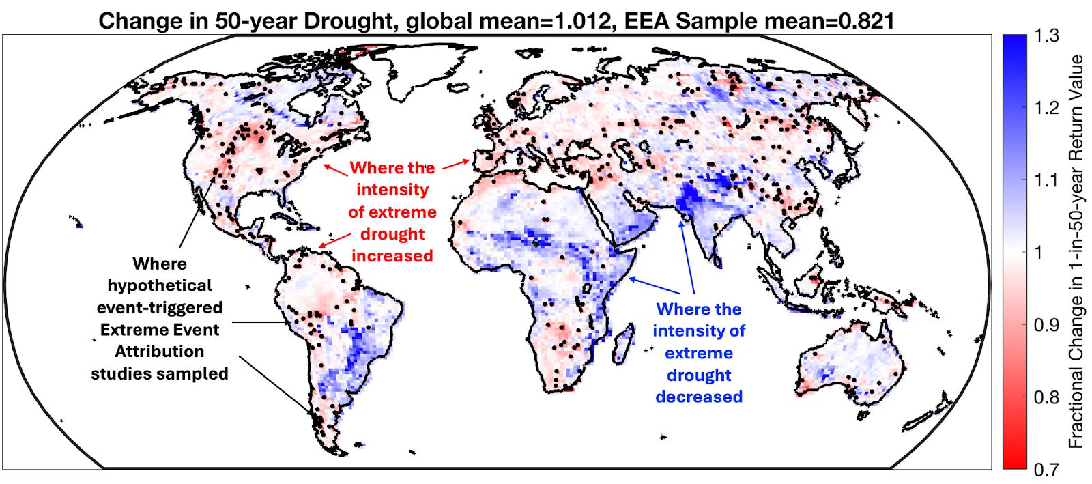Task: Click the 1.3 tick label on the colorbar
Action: (x=1046, y=36)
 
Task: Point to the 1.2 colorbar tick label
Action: (x=1046, y=108)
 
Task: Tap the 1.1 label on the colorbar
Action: (x=1046, y=180)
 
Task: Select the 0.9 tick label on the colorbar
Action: (x=1046, y=325)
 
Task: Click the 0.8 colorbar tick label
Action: (x=1046, y=397)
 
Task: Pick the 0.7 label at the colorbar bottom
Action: (x=1046, y=470)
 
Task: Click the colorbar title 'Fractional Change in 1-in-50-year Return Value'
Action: (x=1076, y=251)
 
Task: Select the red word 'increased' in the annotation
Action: (x=392, y=256)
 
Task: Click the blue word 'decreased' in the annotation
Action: (x=699, y=397)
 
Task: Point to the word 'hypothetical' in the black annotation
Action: (x=160, y=285)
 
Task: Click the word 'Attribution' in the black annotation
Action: (x=160, y=352)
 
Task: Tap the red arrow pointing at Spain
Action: (x=455, y=164)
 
